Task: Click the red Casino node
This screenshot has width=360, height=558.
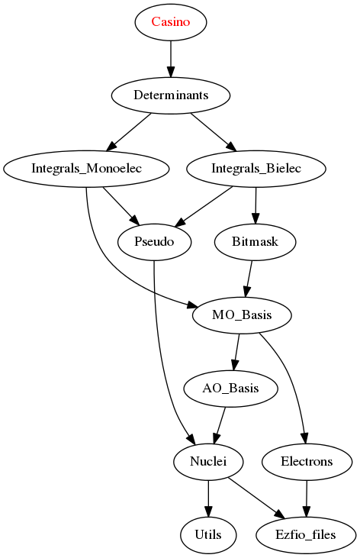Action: click(171, 22)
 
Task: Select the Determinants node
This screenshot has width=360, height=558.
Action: click(171, 95)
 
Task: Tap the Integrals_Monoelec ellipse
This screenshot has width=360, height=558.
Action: click(86, 169)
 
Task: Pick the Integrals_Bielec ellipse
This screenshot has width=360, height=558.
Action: click(256, 169)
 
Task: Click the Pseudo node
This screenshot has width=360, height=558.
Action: click(154, 242)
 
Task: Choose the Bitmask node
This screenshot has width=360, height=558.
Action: click(255, 242)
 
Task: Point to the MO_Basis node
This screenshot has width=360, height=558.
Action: click(242, 315)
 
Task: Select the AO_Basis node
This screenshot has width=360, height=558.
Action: click(230, 389)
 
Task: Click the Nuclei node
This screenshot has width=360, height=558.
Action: click(208, 462)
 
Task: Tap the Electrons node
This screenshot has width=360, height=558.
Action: click(307, 462)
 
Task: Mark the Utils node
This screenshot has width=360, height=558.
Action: click(208, 535)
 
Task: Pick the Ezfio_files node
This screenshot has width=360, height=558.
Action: click(306, 535)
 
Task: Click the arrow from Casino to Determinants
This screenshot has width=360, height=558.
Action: click(171, 59)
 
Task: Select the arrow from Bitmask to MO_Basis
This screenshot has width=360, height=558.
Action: click(249, 279)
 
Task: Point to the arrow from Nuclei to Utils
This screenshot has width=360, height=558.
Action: click(208, 498)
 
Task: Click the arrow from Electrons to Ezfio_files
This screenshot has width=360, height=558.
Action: click(307, 498)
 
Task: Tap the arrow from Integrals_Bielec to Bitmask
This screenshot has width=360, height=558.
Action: click(256, 205)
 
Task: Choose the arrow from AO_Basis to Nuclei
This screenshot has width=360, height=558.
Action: click(220, 425)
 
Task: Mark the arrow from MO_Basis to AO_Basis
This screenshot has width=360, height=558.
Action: click(236, 352)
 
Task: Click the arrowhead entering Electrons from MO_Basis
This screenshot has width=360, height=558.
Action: click(304, 438)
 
